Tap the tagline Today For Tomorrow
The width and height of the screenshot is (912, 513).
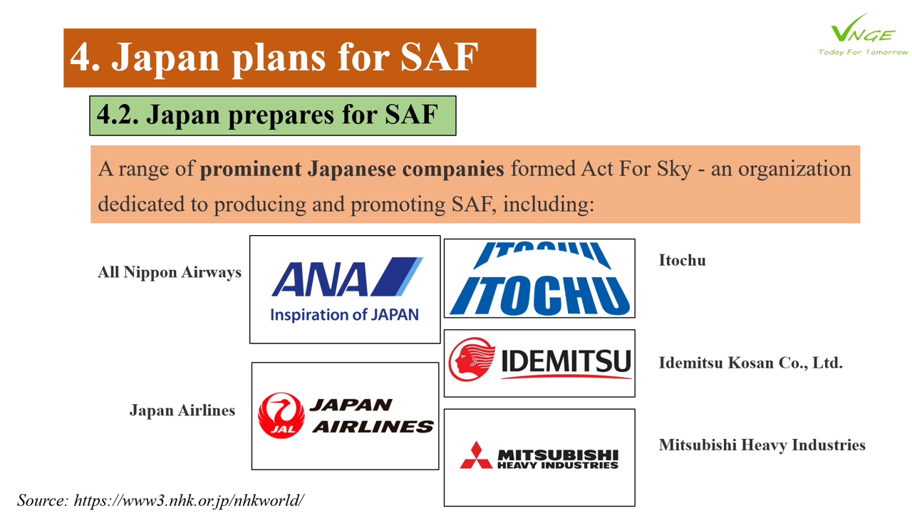point(863,52)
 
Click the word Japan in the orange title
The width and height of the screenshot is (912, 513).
point(165,58)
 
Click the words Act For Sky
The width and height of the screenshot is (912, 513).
point(636,169)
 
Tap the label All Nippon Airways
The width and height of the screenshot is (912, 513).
point(170,272)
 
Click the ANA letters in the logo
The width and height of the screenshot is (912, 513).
point(320,279)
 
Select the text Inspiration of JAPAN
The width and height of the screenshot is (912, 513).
point(344,314)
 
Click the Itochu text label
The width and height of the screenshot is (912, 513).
point(683,260)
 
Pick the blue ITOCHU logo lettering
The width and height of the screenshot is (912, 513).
point(539,295)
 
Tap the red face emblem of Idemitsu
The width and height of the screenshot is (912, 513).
point(472,359)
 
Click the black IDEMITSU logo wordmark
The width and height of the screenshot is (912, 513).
point(566,361)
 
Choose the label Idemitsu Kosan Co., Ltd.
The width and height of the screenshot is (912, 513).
point(751,363)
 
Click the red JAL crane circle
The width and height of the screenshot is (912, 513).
point(281,415)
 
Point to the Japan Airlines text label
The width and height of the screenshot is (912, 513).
point(182,410)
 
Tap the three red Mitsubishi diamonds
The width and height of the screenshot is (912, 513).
point(476,455)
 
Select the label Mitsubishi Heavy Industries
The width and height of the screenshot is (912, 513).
point(762,445)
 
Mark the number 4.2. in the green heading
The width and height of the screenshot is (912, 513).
point(118,115)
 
